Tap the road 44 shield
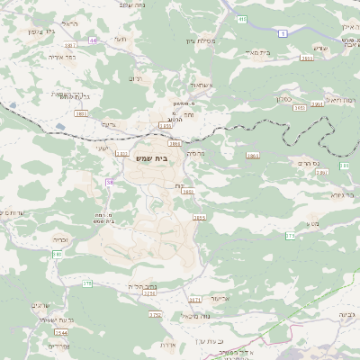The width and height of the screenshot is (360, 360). pyautogui.click(x=93, y=40)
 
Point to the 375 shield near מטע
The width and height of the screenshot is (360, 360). pyautogui.click(x=291, y=235)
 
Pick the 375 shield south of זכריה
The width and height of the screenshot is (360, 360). pyautogui.click(x=87, y=284)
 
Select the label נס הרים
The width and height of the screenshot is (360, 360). pyautogui.click(x=307, y=164)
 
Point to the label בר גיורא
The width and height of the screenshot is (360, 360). pyautogui.click(x=341, y=193)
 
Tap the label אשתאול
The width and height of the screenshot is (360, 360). pyautogui.click(x=176, y=85)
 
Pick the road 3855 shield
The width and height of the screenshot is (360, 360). pyautogui.click(x=199, y=217)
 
